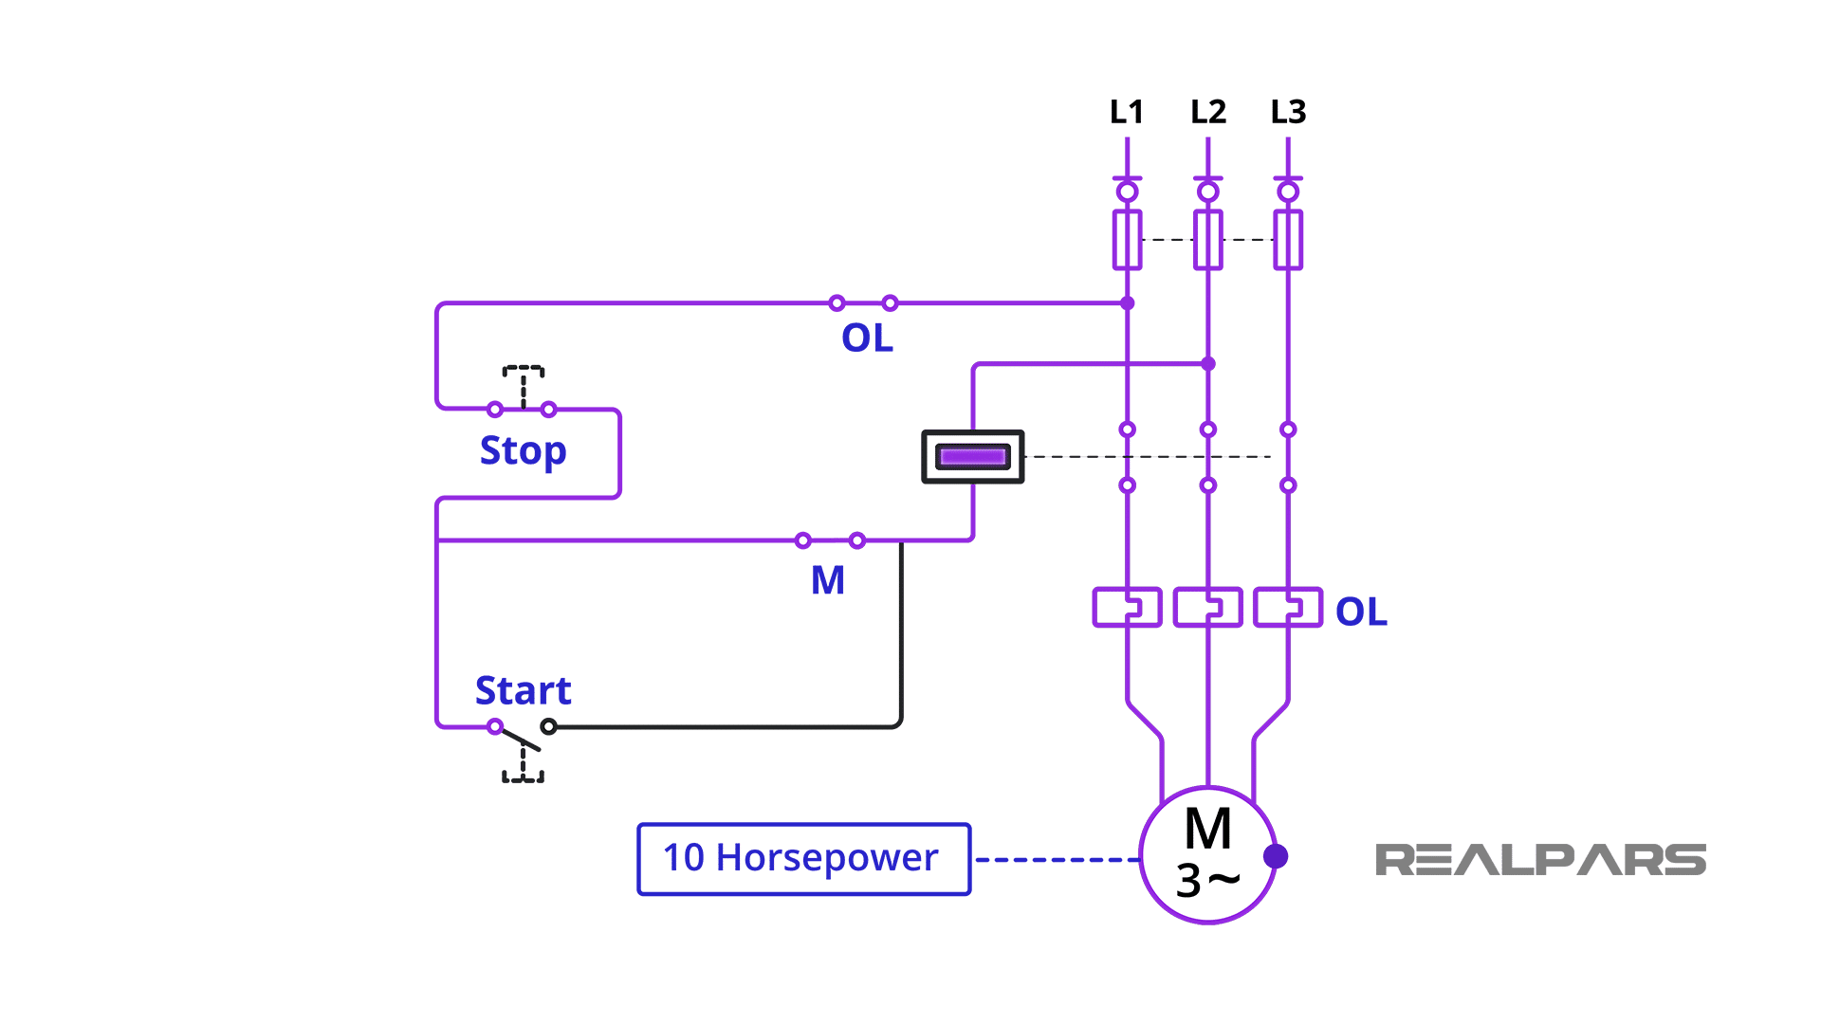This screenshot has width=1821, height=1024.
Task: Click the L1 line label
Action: coord(1127,112)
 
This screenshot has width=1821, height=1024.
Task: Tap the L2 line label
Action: coord(1207,112)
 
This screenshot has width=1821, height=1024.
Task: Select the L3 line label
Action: coord(1288,112)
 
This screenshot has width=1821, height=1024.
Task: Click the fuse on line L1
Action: coord(1127,240)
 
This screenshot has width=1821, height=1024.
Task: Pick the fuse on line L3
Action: coord(1288,240)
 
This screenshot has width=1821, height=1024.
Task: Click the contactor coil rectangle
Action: coord(972,456)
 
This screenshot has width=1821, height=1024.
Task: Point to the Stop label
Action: coord(523,450)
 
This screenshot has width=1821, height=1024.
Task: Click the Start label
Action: coord(523,690)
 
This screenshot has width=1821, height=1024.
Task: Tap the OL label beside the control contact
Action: coord(867,338)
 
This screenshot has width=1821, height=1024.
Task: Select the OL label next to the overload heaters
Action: coord(1360,612)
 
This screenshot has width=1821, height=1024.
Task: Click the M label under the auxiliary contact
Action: coord(827,580)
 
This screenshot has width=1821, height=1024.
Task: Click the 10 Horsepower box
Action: coord(803,859)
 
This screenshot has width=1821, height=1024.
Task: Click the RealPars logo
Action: coord(1539,860)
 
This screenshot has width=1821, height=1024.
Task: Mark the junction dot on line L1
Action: coord(1127,303)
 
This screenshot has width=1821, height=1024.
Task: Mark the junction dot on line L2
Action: coord(1207,363)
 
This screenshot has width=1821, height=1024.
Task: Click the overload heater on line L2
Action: coord(1207,607)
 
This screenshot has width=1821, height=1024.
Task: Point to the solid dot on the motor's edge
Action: coord(1276,856)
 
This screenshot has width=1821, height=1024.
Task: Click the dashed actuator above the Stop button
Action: coord(523,381)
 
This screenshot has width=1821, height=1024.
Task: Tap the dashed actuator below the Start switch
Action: coord(523,766)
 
